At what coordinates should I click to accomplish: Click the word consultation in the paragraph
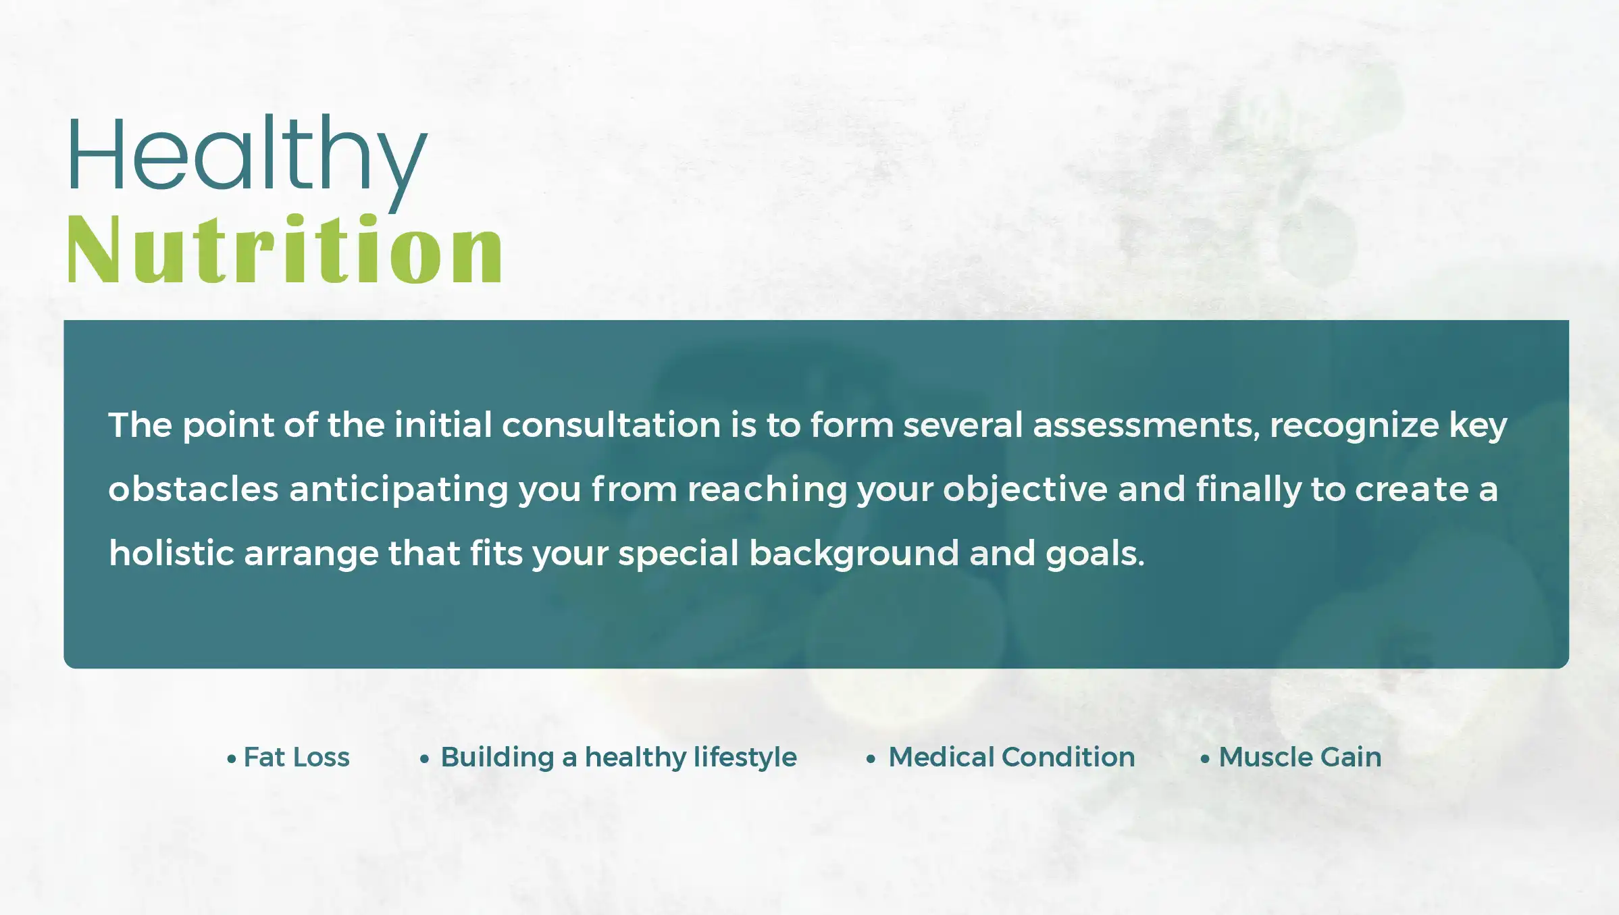pyautogui.click(x=611, y=425)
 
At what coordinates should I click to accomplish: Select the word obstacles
pyautogui.click(x=193, y=489)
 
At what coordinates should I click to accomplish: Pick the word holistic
pyautogui.click(x=172, y=553)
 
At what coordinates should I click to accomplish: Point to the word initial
pyautogui.click(x=442, y=425)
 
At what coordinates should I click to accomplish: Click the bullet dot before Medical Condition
pyautogui.click(x=871, y=759)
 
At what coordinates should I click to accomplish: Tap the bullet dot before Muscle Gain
pyautogui.click(x=1205, y=759)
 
